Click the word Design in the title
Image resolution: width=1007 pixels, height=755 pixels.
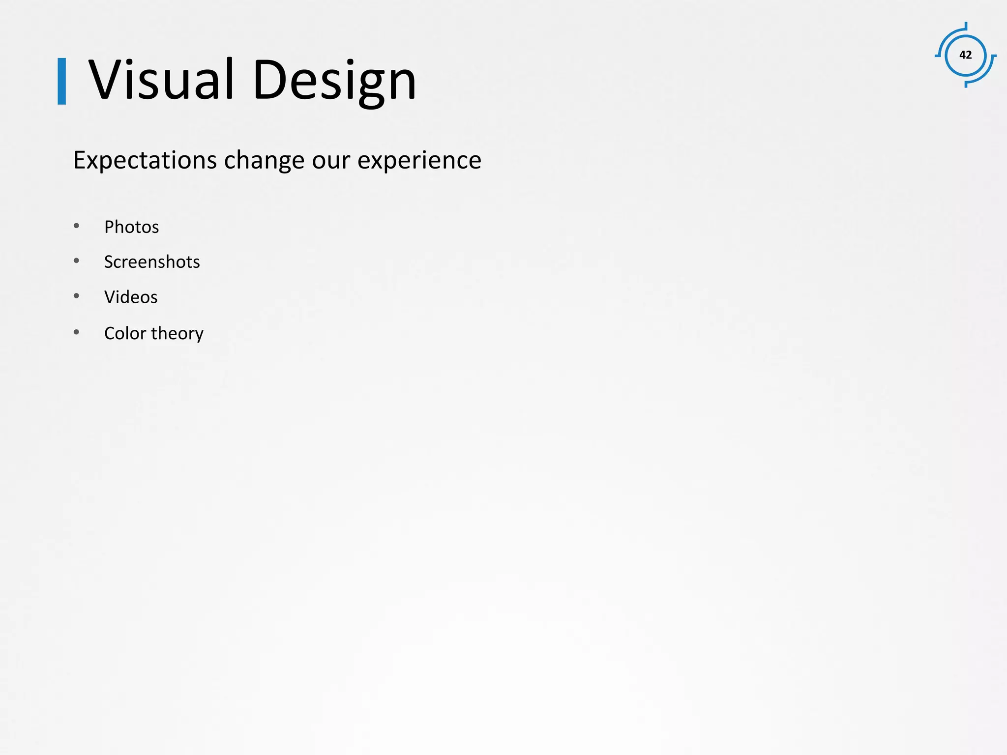(x=334, y=81)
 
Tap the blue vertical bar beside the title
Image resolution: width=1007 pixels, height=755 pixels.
(x=62, y=81)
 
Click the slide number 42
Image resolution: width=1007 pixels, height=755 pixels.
(x=965, y=55)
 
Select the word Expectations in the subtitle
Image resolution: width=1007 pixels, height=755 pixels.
(x=145, y=161)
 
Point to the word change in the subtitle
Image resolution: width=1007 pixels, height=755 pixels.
(x=264, y=161)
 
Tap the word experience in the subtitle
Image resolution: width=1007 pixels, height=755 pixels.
(x=419, y=161)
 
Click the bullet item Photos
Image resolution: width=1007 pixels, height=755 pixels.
(x=131, y=227)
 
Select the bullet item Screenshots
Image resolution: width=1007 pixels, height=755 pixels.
(x=152, y=262)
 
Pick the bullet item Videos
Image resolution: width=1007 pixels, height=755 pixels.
(x=131, y=297)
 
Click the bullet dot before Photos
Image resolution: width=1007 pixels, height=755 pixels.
(x=76, y=226)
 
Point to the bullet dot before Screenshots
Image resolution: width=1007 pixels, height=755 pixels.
(x=76, y=261)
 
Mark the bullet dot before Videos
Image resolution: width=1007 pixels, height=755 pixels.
(x=76, y=296)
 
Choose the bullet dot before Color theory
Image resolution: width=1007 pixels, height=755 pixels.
(x=76, y=332)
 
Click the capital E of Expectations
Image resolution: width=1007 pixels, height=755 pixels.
(x=80, y=160)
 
